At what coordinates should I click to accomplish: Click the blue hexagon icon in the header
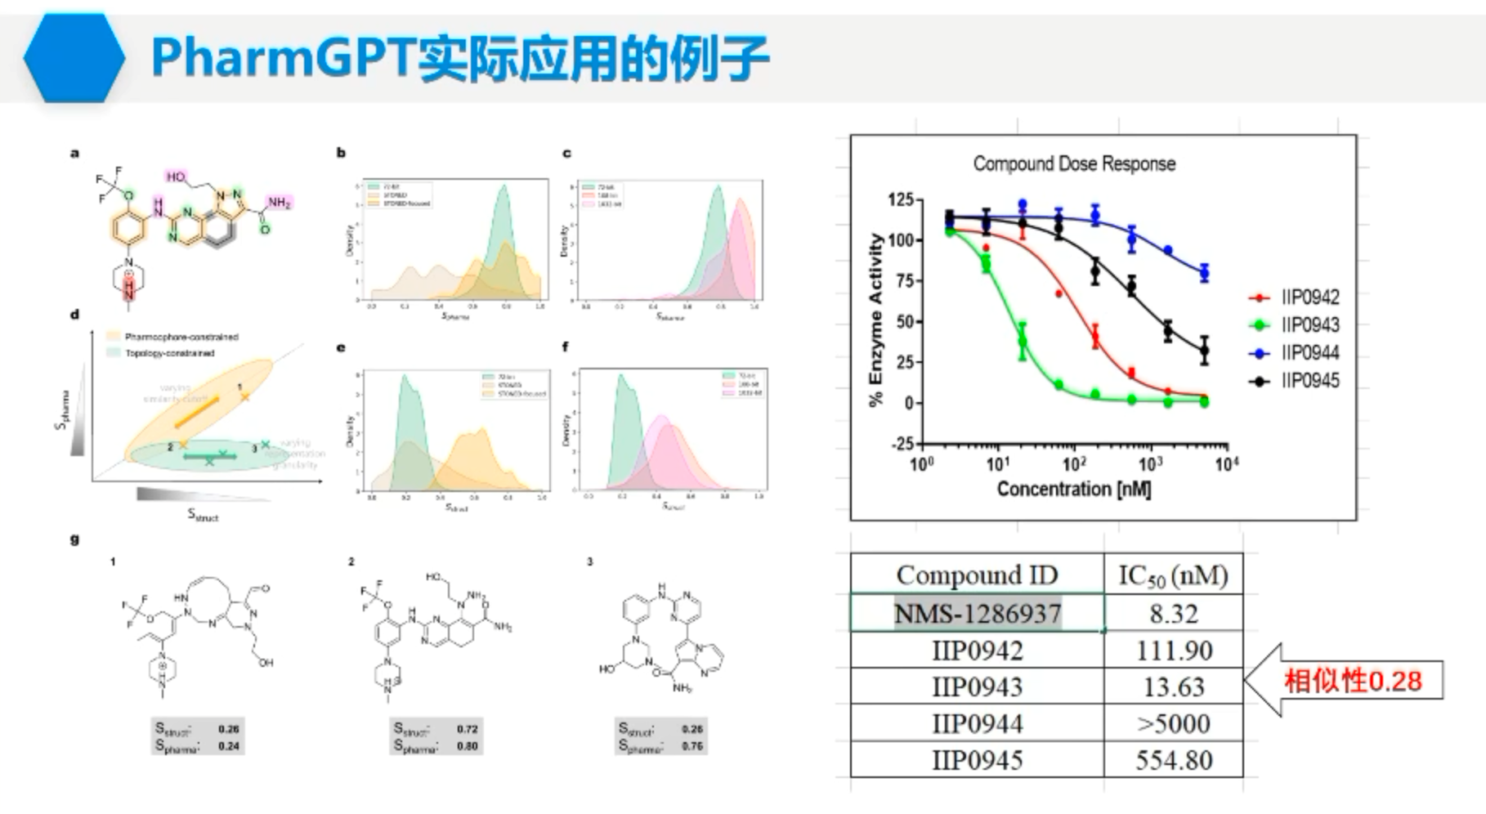(x=74, y=57)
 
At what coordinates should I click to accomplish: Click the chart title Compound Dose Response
(x=1073, y=163)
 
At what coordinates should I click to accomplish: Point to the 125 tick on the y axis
(x=900, y=200)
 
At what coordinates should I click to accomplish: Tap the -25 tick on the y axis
(x=902, y=444)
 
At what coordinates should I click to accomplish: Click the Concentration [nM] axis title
(x=1073, y=489)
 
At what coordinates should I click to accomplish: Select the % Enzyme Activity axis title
(x=876, y=320)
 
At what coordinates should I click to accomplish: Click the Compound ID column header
(x=977, y=575)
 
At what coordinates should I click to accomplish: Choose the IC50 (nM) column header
(x=1173, y=575)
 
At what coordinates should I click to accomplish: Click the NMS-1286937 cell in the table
(x=978, y=613)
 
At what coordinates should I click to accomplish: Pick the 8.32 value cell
(x=1174, y=613)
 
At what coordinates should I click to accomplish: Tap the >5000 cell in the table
(x=1174, y=723)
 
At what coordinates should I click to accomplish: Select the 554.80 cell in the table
(x=1174, y=760)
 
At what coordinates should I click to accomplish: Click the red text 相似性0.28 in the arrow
(x=1353, y=681)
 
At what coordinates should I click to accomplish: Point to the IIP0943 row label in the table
(x=978, y=687)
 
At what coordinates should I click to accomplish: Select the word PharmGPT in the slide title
(x=283, y=57)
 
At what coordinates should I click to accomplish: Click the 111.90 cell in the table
(x=1174, y=651)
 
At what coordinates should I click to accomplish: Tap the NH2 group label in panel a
(x=279, y=203)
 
